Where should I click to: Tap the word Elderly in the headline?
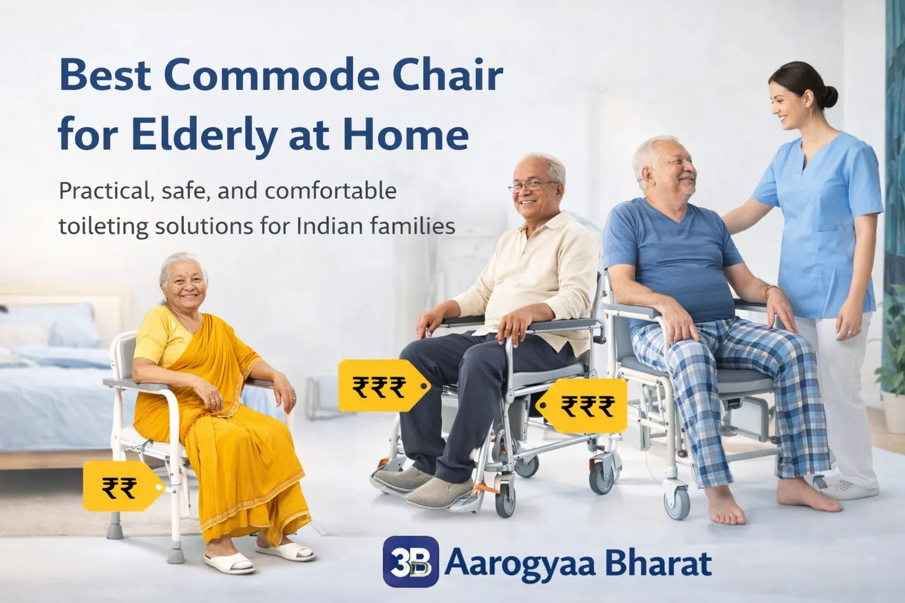(204, 134)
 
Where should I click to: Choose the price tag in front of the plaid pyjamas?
(582, 406)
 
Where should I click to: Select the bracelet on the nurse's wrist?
(773, 290)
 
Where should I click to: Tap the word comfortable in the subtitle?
(331, 191)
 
